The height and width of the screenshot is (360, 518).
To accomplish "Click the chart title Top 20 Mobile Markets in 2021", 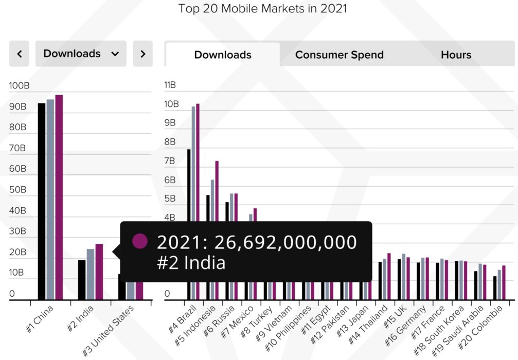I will click(262, 9).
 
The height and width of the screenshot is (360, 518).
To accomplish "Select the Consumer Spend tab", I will click(339, 55).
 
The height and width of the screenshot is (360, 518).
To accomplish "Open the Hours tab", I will click(456, 55).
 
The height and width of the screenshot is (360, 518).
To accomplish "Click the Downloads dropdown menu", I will click(81, 53).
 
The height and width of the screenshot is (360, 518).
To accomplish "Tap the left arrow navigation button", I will click(19, 53).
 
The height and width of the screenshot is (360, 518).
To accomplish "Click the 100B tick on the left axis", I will click(19, 86).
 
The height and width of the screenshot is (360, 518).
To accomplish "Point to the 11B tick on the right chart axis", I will click(170, 85).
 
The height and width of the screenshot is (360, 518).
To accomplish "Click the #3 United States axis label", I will click(110, 329).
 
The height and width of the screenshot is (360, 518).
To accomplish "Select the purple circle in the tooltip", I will click(140, 241).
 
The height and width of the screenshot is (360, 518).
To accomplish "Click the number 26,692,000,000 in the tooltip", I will click(285, 242).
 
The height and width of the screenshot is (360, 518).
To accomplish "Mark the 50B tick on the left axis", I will click(18, 190).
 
